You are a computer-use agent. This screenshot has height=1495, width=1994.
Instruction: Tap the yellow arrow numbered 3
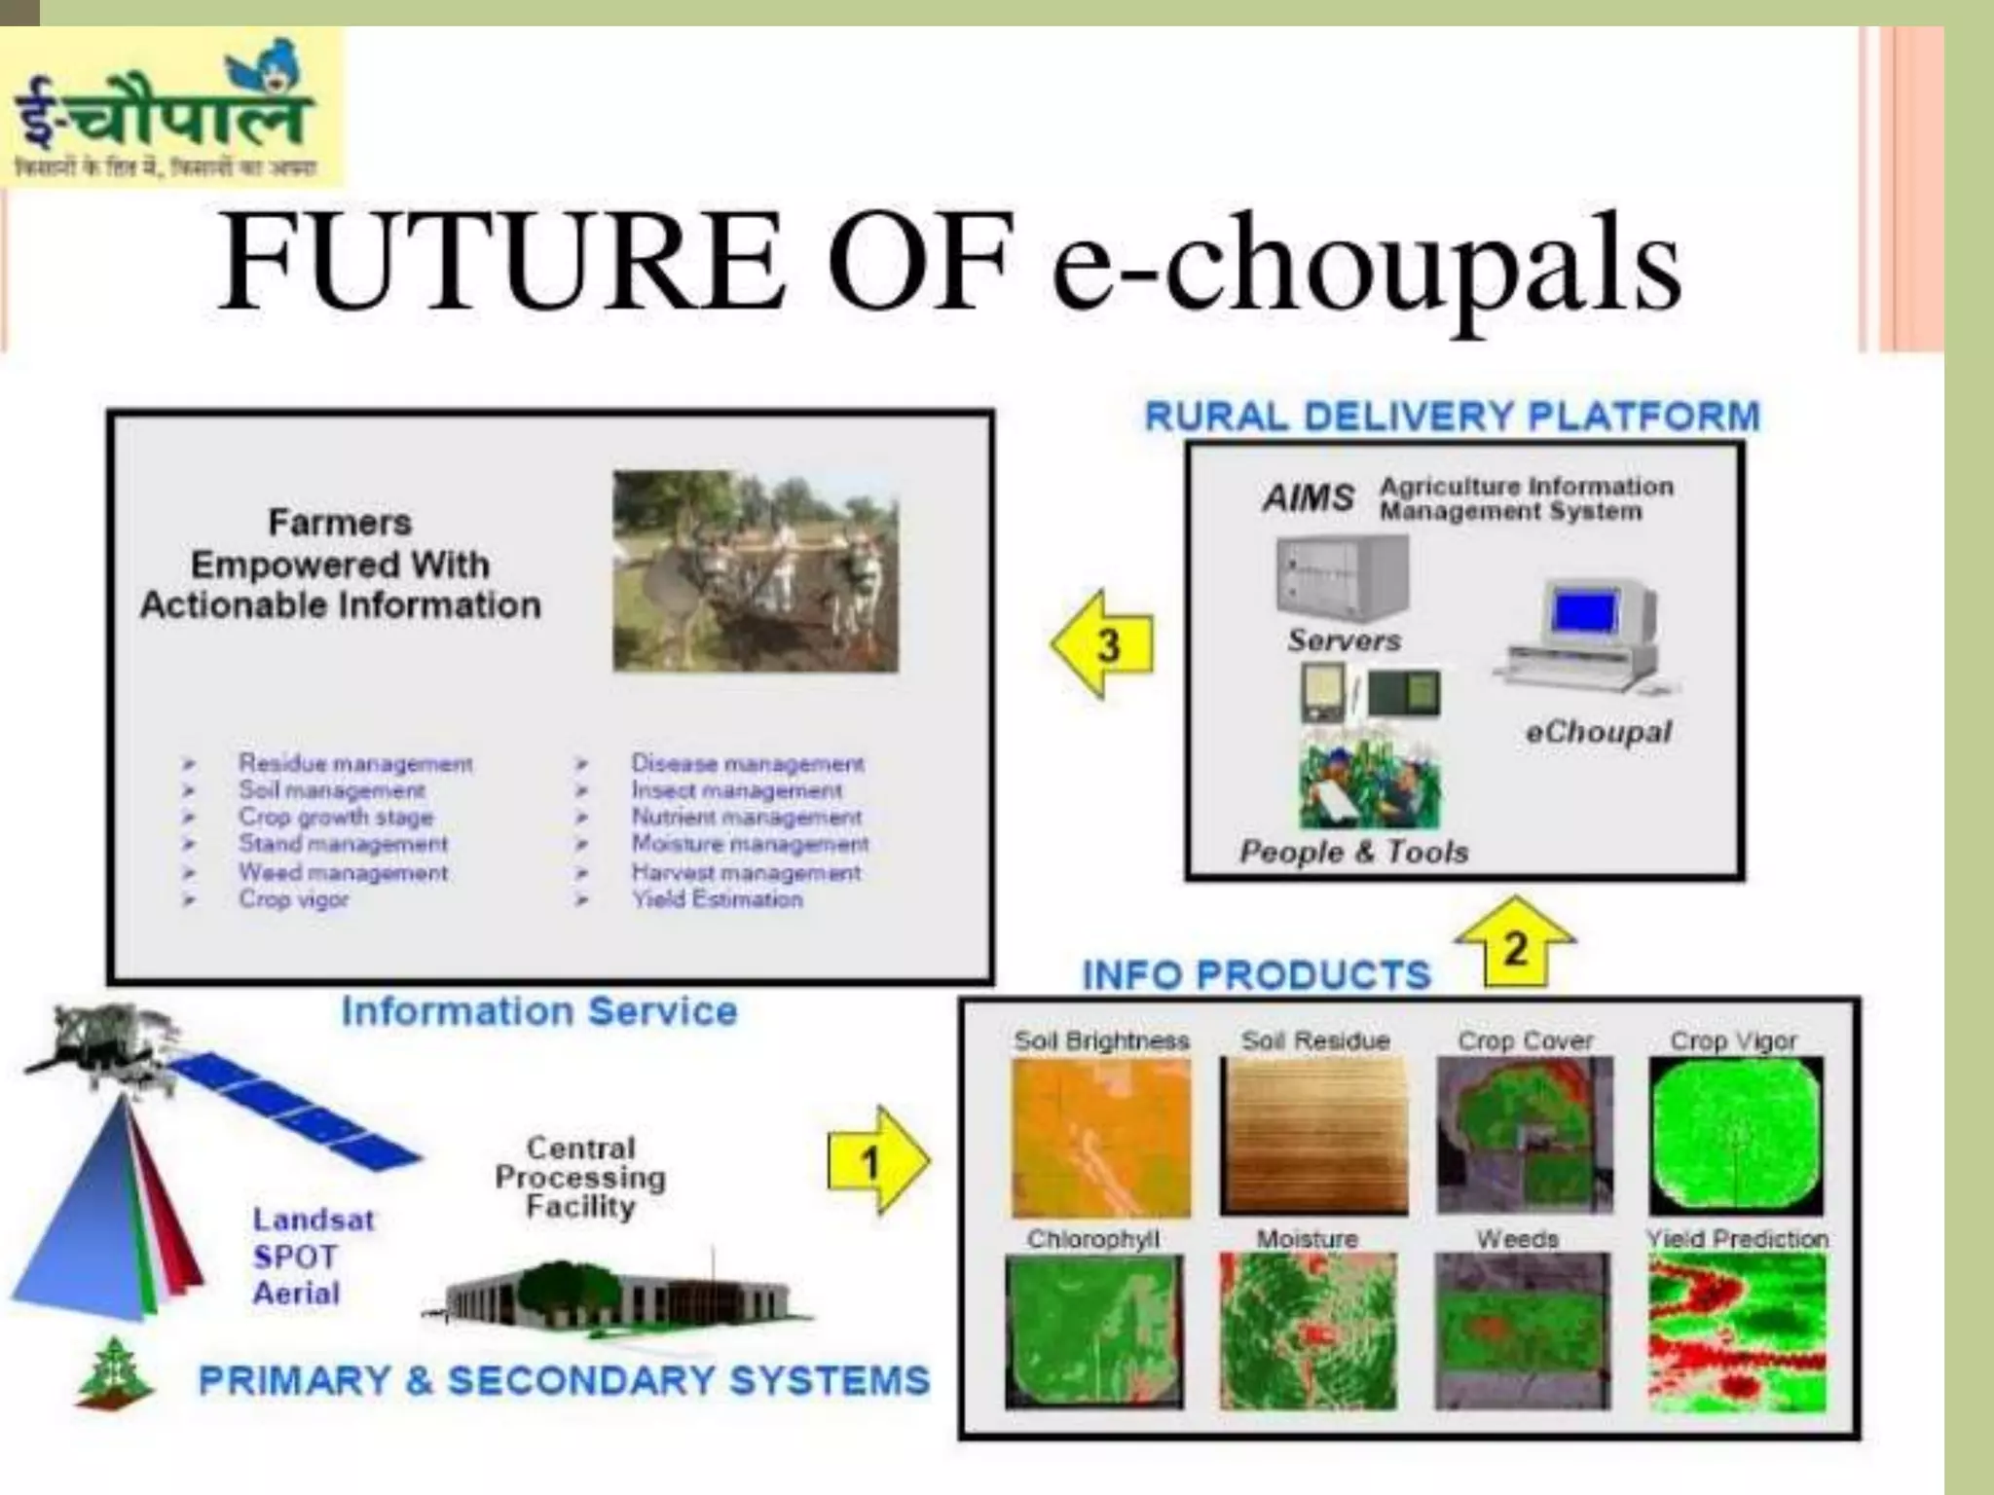click(1103, 644)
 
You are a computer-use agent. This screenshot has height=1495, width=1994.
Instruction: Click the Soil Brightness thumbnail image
click(1100, 1137)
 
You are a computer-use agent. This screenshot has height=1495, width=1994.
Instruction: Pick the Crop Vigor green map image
click(1735, 1136)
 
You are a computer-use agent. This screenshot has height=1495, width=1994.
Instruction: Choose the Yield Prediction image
click(1737, 1331)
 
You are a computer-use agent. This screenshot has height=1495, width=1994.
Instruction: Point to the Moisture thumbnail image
click(1307, 1331)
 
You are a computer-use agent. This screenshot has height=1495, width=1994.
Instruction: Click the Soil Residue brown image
click(1313, 1136)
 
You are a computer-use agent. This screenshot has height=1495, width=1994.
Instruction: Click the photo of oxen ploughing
click(756, 572)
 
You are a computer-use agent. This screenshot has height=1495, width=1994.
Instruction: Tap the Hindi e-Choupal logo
click(170, 108)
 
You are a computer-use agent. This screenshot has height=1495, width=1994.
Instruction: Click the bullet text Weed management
click(344, 872)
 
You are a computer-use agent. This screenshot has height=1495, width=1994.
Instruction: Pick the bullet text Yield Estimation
click(718, 899)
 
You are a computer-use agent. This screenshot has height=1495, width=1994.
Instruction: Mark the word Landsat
click(313, 1220)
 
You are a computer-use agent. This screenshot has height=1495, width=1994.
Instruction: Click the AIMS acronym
click(1308, 498)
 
